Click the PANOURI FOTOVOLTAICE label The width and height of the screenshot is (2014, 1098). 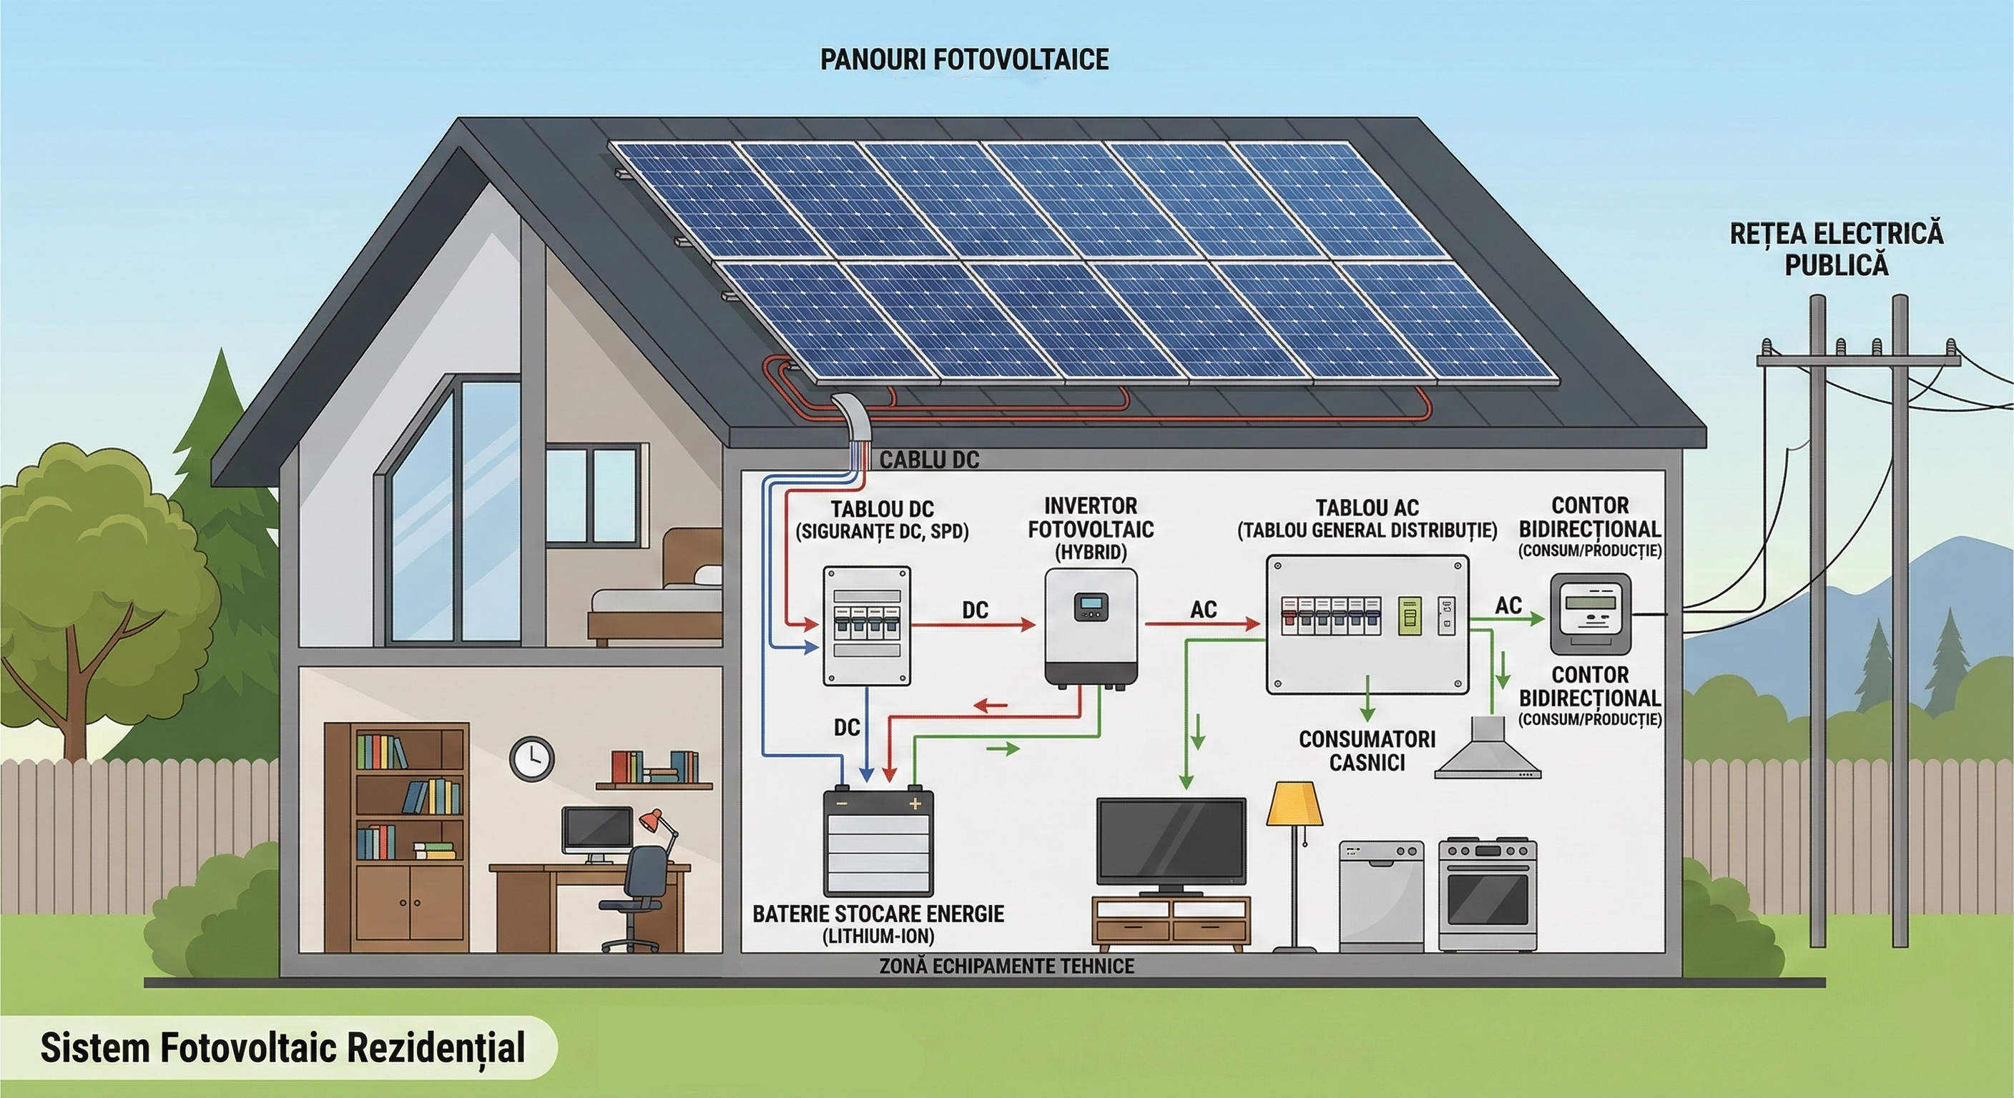coord(964,59)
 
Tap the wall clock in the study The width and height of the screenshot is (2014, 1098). coord(531,757)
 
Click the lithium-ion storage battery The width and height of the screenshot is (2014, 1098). coord(878,843)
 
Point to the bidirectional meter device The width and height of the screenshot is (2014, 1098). coord(1591,613)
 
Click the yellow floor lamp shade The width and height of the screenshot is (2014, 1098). coord(1294,804)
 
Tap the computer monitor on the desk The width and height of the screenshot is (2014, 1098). coord(596,831)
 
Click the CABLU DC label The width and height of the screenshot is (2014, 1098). coord(929,460)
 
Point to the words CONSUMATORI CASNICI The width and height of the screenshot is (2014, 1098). coord(1367,751)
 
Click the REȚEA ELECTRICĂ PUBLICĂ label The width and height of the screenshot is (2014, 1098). coord(1836,249)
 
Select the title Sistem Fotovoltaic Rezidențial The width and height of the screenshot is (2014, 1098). coord(283,1047)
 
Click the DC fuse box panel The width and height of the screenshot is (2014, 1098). coord(866,626)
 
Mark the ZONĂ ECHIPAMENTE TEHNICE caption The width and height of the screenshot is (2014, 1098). coord(1006,966)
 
